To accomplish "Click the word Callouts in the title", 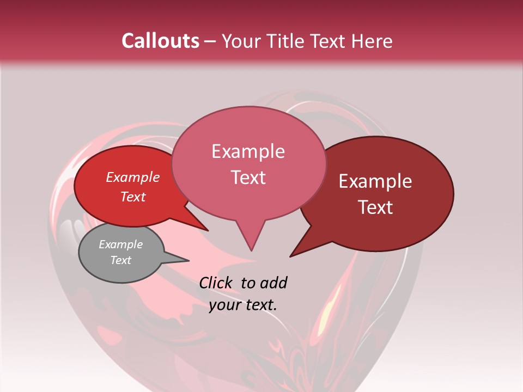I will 160,41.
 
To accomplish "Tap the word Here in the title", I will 372,41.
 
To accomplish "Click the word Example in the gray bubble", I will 120,244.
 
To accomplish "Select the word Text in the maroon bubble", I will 376,207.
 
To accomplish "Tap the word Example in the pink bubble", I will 248,151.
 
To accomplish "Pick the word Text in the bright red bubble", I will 133,197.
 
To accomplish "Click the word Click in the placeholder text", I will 216,283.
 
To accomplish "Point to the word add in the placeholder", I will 273,283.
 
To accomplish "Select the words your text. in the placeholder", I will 243,305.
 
